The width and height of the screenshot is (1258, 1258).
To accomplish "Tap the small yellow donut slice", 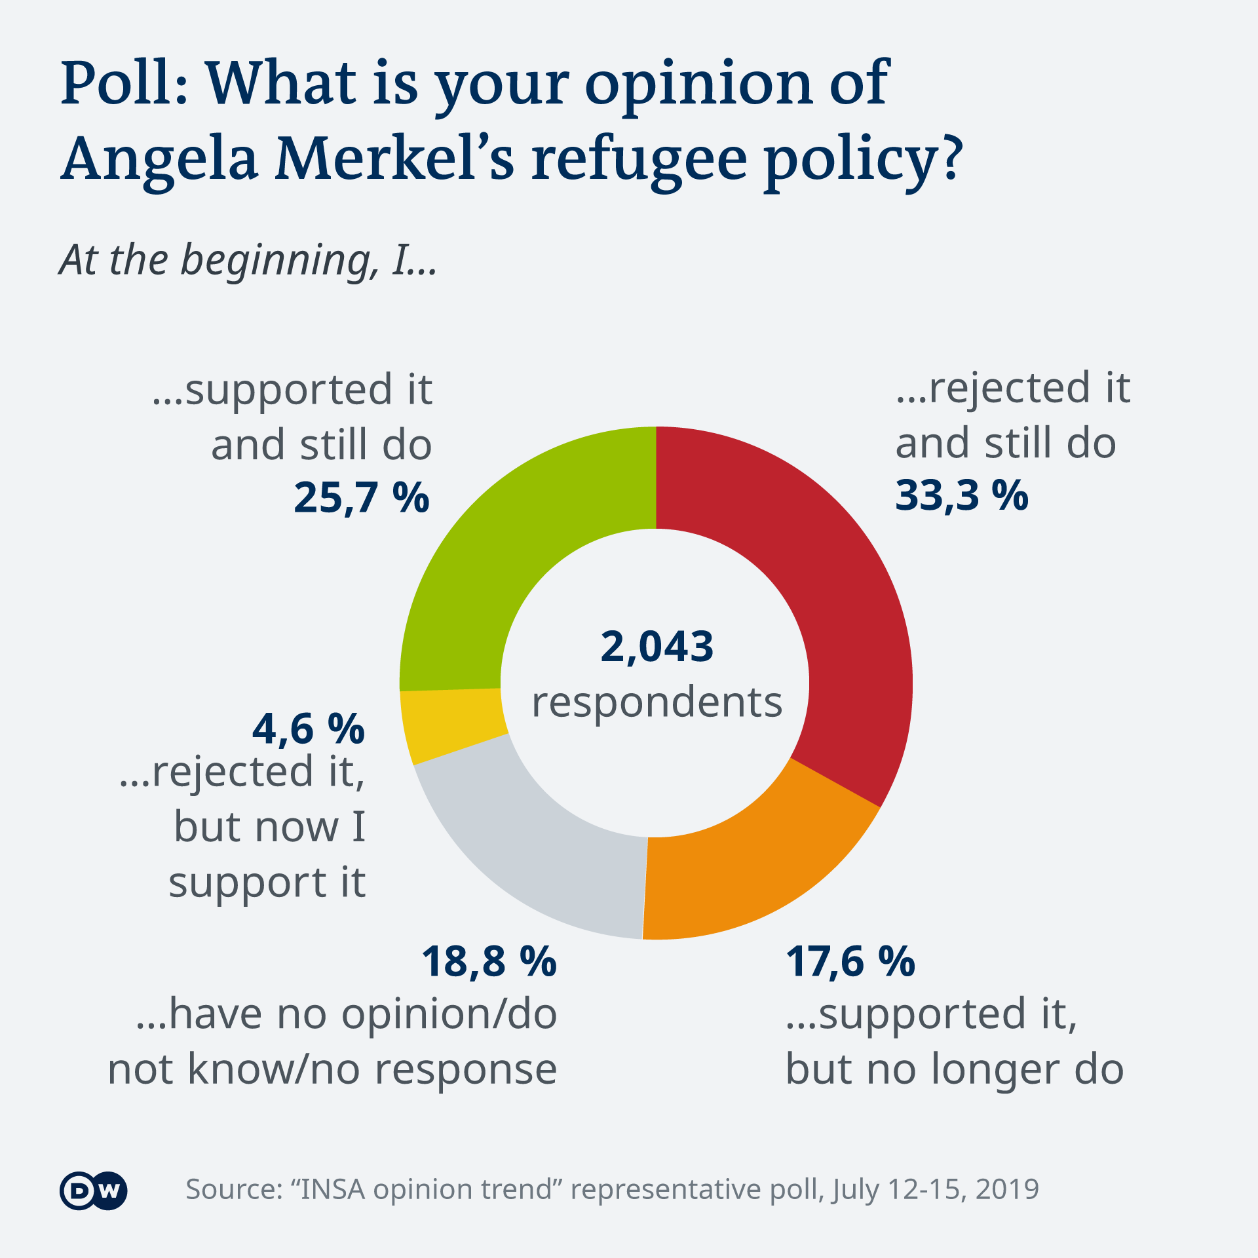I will [452, 724].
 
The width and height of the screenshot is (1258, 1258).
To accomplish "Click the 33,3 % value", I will [961, 496].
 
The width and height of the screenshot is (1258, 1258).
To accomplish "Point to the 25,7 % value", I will [361, 498].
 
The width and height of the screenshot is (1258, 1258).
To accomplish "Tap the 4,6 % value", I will [308, 729].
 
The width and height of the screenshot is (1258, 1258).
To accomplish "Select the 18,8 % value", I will [489, 962].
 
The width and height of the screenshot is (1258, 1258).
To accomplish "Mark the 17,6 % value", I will [850, 962].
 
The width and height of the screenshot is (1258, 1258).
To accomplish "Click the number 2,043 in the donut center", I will [657, 647].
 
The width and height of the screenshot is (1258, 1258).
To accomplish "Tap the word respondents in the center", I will [657, 703].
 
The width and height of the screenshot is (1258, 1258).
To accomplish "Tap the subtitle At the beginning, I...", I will [248, 261].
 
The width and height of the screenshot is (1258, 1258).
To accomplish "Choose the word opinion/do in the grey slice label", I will [449, 1014].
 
